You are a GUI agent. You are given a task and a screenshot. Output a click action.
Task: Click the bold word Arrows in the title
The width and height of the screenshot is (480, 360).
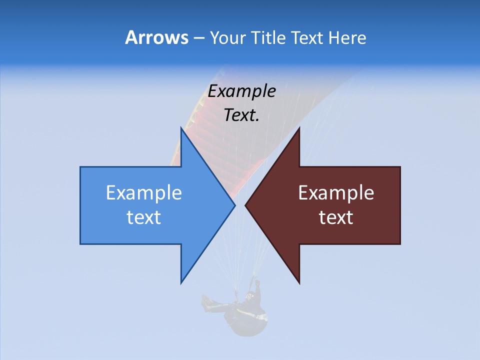click(x=156, y=37)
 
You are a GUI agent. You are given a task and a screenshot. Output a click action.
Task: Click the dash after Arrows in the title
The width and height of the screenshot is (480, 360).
click(x=198, y=38)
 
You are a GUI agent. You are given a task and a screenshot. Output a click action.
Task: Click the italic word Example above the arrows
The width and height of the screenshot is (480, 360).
click(x=242, y=91)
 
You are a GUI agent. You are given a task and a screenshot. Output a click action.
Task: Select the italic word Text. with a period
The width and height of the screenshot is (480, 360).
click(x=242, y=115)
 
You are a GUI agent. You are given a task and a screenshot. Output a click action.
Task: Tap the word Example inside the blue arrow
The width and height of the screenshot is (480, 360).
click(x=144, y=193)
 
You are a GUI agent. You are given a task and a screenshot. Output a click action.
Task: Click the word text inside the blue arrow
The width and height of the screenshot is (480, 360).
click(x=144, y=217)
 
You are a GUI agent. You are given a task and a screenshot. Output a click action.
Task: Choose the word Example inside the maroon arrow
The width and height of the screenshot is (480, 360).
click(x=336, y=193)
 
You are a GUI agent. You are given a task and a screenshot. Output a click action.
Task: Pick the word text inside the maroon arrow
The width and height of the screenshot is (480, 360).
click(x=336, y=217)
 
